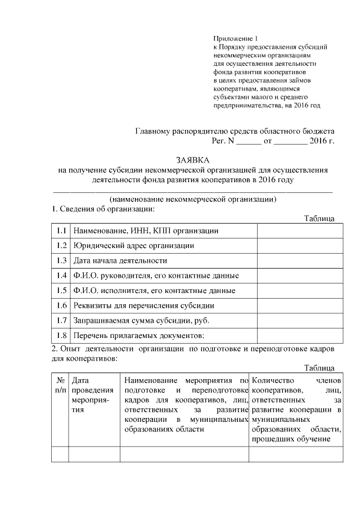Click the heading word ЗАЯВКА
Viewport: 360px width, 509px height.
tap(192, 160)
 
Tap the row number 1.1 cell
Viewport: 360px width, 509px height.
tap(61, 231)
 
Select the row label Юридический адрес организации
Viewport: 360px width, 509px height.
tap(133, 246)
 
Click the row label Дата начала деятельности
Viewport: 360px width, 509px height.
tap(120, 261)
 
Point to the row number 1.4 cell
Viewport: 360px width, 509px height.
tap(61, 276)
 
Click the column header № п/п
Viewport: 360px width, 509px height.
tap(60, 385)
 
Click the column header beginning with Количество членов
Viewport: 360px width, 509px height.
tap(296, 410)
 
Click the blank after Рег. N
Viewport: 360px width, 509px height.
tap(248, 141)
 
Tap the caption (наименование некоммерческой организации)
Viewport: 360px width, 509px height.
tap(192, 199)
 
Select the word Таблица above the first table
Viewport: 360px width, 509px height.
tap(319, 219)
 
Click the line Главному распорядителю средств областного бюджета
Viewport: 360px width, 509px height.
tap(235, 130)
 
